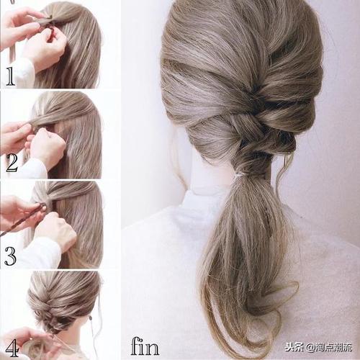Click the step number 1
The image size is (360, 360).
point(10,76)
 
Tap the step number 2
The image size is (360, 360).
point(12,163)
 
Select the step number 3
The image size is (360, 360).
point(10,256)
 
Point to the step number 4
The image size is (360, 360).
point(12,348)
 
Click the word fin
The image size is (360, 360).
point(145,346)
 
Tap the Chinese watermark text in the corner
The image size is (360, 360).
point(319,347)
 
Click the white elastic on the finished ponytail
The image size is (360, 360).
point(240,176)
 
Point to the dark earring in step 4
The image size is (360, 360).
point(91,318)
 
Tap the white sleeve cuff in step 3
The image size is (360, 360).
point(41,254)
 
